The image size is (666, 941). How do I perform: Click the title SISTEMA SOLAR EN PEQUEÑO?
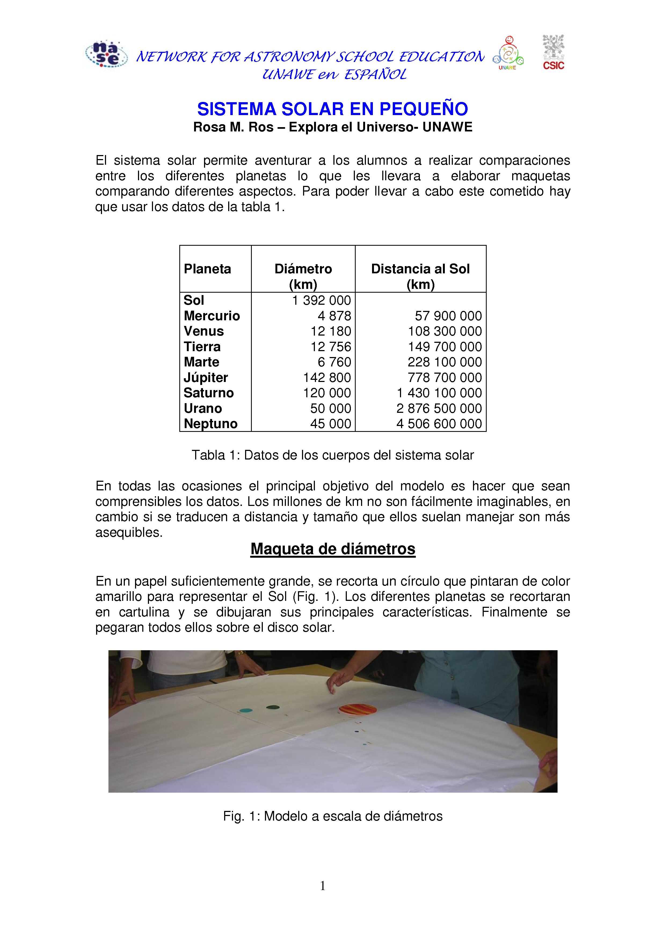click(x=333, y=109)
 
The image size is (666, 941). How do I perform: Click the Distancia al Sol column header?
click(x=420, y=276)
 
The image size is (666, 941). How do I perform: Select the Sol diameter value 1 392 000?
click(x=322, y=300)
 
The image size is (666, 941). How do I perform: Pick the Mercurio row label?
click(x=212, y=316)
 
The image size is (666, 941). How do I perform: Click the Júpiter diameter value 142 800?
click(x=327, y=377)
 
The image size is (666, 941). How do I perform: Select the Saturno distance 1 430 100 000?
click(x=439, y=393)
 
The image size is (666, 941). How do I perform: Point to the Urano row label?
click(x=203, y=409)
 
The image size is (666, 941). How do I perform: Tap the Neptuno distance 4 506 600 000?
click(x=439, y=424)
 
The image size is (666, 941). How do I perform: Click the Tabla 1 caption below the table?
click(x=333, y=455)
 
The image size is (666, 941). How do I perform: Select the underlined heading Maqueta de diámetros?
click(x=333, y=549)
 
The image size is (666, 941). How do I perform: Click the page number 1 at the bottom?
click(x=323, y=886)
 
